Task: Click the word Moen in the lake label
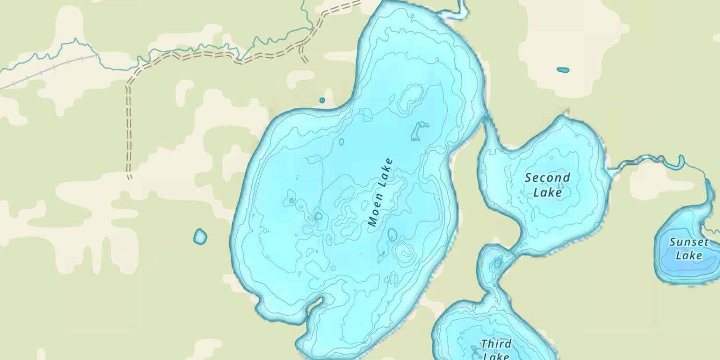click(376, 209)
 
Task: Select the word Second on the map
click(547, 178)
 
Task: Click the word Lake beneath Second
click(548, 192)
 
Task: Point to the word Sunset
click(689, 242)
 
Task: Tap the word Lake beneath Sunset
click(689, 255)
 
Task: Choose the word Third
click(496, 344)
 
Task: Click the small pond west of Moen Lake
click(200, 236)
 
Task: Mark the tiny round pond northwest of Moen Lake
click(322, 100)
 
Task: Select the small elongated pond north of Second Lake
click(563, 70)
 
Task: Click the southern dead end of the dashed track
click(129, 177)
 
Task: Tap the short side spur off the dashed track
click(303, 55)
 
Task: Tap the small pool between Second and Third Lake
click(497, 263)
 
